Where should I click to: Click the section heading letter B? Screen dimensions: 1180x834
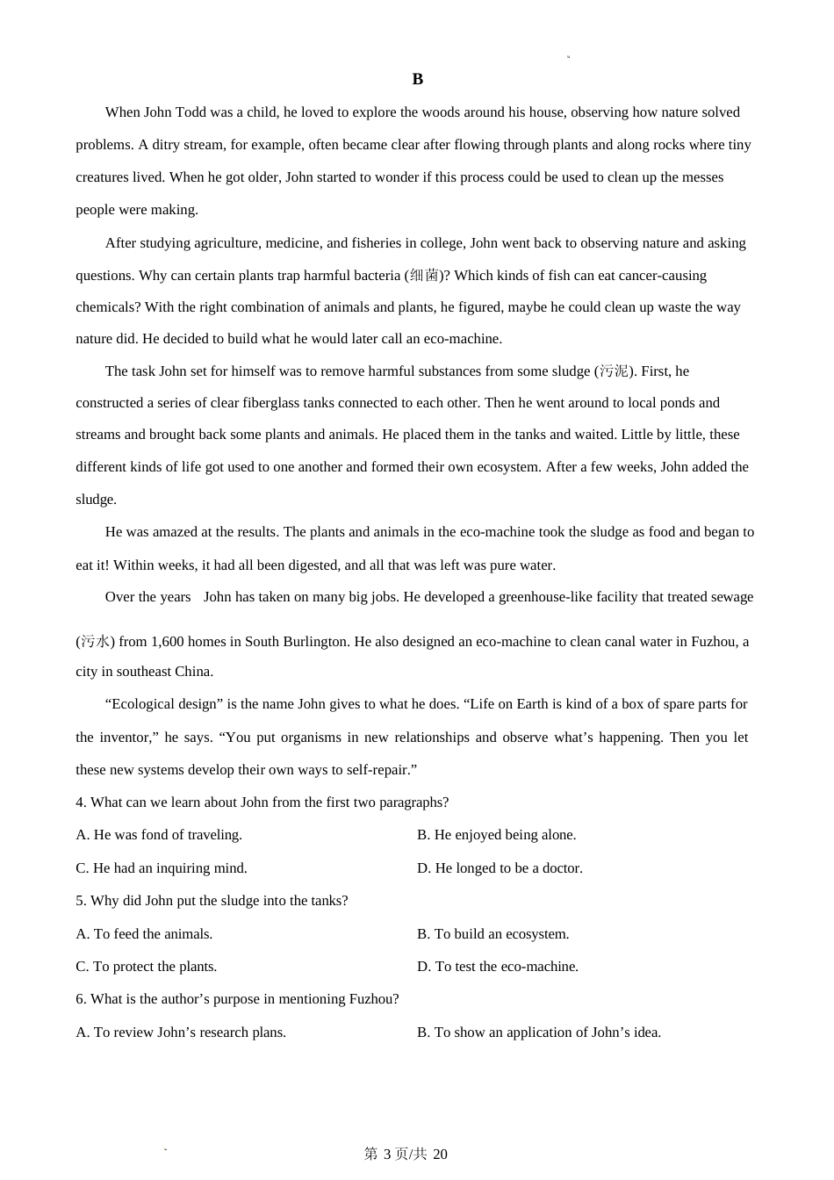point(417,80)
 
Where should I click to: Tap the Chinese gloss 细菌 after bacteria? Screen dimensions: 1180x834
point(424,276)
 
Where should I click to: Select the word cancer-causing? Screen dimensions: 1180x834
point(662,276)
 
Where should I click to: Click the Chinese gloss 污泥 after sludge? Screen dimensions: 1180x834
point(614,371)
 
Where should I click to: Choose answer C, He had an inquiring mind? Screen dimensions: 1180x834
point(162,868)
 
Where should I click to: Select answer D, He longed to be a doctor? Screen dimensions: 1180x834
point(500,868)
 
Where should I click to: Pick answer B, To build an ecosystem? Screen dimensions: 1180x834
point(492,934)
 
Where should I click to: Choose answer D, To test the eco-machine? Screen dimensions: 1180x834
point(498,967)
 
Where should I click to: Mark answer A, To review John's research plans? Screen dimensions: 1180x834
point(181,1032)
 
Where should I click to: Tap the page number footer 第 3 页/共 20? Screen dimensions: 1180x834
point(406,1154)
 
